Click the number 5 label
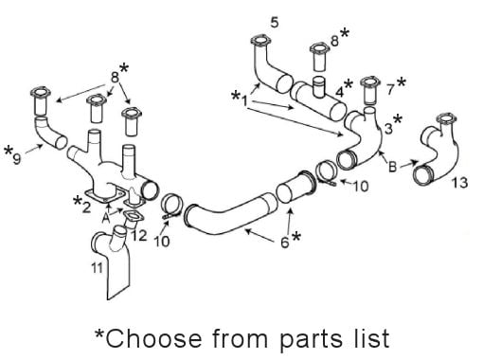coord(275,23)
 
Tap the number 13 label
coord(459,183)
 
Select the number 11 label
coord(97,268)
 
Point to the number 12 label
coord(139,236)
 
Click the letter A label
coord(106,218)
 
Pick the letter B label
coord(392,167)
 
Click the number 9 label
coord(17,159)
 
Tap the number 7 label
coord(390,90)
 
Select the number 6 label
coord(285,243)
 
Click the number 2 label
coord(86,207)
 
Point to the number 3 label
coord(388,129)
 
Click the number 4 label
coord(339,92)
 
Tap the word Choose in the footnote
coord(153,338)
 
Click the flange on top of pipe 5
coord(260,41)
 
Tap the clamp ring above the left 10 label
coord(171,207)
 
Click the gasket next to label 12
coord(133,217)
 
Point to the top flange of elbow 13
coord(446,118)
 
